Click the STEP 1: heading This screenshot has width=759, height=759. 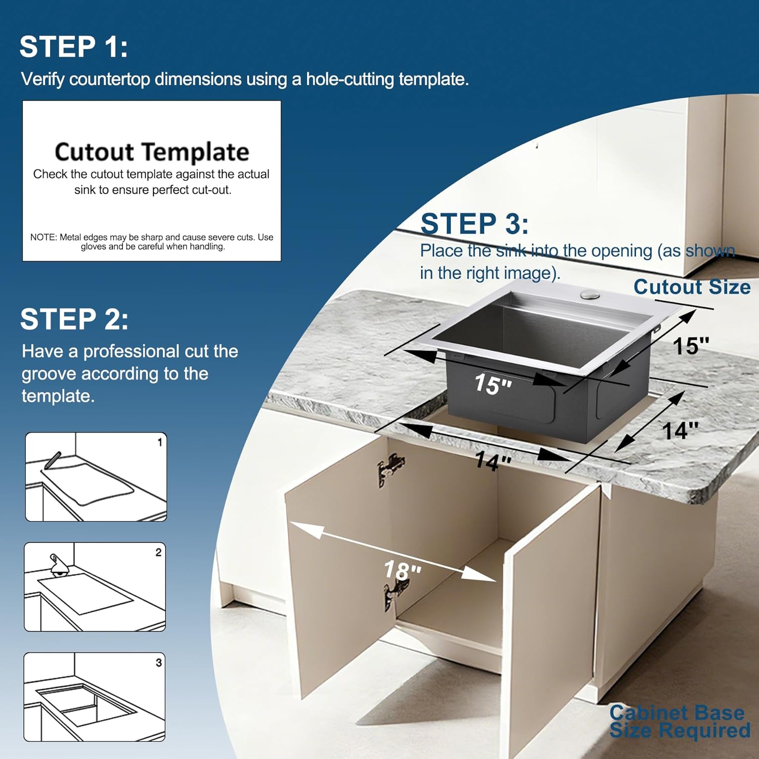click(73, 47)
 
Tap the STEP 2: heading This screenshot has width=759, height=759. click(74, 319)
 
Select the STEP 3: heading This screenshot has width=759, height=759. click(474, 224)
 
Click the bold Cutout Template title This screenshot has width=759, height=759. click(152, 152)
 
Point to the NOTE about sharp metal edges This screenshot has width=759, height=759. click(152, 241)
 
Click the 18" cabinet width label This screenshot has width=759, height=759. click(402, 570)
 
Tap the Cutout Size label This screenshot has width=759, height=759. click(692, 287)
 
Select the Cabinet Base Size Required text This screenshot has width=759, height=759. click(679, 722)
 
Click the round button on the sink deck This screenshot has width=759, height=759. click(589, 294)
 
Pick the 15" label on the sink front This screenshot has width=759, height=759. click(492, 384)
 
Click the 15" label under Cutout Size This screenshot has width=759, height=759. click(690, 346)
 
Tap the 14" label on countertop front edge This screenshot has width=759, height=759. click(492, 461)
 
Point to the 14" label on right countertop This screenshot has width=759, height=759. click(680, 431)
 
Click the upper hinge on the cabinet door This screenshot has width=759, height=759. click(391, 469)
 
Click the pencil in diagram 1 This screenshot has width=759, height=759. click(53, 460)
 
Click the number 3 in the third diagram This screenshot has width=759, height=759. click(158, 662)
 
